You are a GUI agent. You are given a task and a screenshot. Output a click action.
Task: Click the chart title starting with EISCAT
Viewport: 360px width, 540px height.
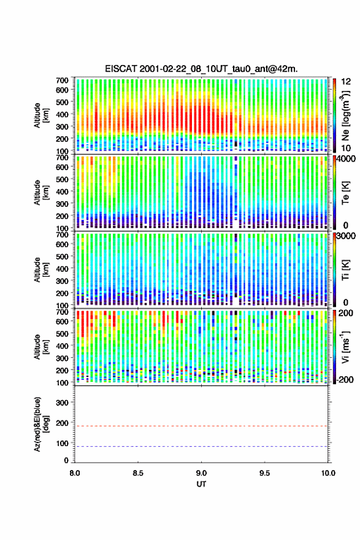201,69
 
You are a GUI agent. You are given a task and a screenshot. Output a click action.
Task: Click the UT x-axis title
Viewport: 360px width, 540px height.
201,484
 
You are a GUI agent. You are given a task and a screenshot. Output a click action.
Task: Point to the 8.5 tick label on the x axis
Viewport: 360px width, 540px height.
138,473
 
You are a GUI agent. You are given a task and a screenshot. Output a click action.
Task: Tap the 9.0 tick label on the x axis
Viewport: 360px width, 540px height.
201,473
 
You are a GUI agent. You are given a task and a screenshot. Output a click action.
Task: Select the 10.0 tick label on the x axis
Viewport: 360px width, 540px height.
328,473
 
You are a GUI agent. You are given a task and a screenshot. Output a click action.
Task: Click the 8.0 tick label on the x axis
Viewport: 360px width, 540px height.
75,473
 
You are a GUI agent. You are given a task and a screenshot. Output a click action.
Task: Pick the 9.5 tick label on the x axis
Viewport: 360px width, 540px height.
265,473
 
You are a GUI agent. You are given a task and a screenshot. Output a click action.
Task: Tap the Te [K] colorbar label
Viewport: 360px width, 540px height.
345,193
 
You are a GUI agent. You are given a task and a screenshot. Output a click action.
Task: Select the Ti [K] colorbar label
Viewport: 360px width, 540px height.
345,269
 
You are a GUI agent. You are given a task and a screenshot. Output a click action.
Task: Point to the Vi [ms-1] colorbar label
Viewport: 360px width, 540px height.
345,347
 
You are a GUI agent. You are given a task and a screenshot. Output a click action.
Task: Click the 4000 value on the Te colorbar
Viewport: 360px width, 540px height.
347,159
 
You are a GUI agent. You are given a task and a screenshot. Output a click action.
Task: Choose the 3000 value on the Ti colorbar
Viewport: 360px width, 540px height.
347,236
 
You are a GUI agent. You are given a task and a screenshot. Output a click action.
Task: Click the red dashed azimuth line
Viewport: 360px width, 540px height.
201,426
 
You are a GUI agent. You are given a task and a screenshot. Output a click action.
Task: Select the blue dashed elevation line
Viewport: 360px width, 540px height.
201,446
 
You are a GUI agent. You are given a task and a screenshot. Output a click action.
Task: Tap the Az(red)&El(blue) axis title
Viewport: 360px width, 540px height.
41,424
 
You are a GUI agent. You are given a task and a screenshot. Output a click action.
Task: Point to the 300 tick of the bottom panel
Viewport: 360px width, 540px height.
63,403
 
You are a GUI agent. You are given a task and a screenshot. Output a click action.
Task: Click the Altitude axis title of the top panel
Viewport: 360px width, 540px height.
41,115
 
